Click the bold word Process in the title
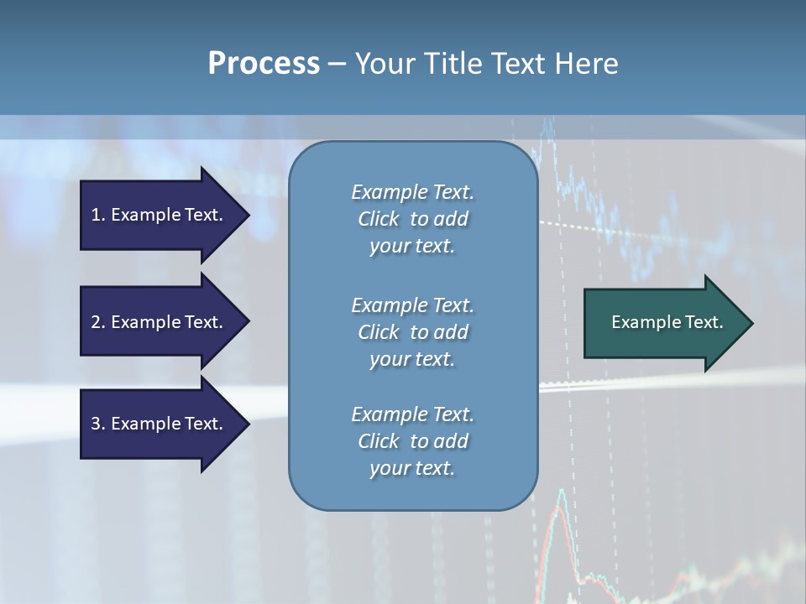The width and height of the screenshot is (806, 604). (264, 64)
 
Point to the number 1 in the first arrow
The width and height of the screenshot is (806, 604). (96, 215)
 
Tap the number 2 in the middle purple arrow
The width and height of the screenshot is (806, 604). (96, 322)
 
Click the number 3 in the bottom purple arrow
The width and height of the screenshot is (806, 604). (96, 424)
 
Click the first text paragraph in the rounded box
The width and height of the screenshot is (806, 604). (412, 219)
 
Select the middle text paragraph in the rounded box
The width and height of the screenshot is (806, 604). (412, 331)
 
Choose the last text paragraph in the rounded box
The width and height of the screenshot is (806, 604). (412, 441)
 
